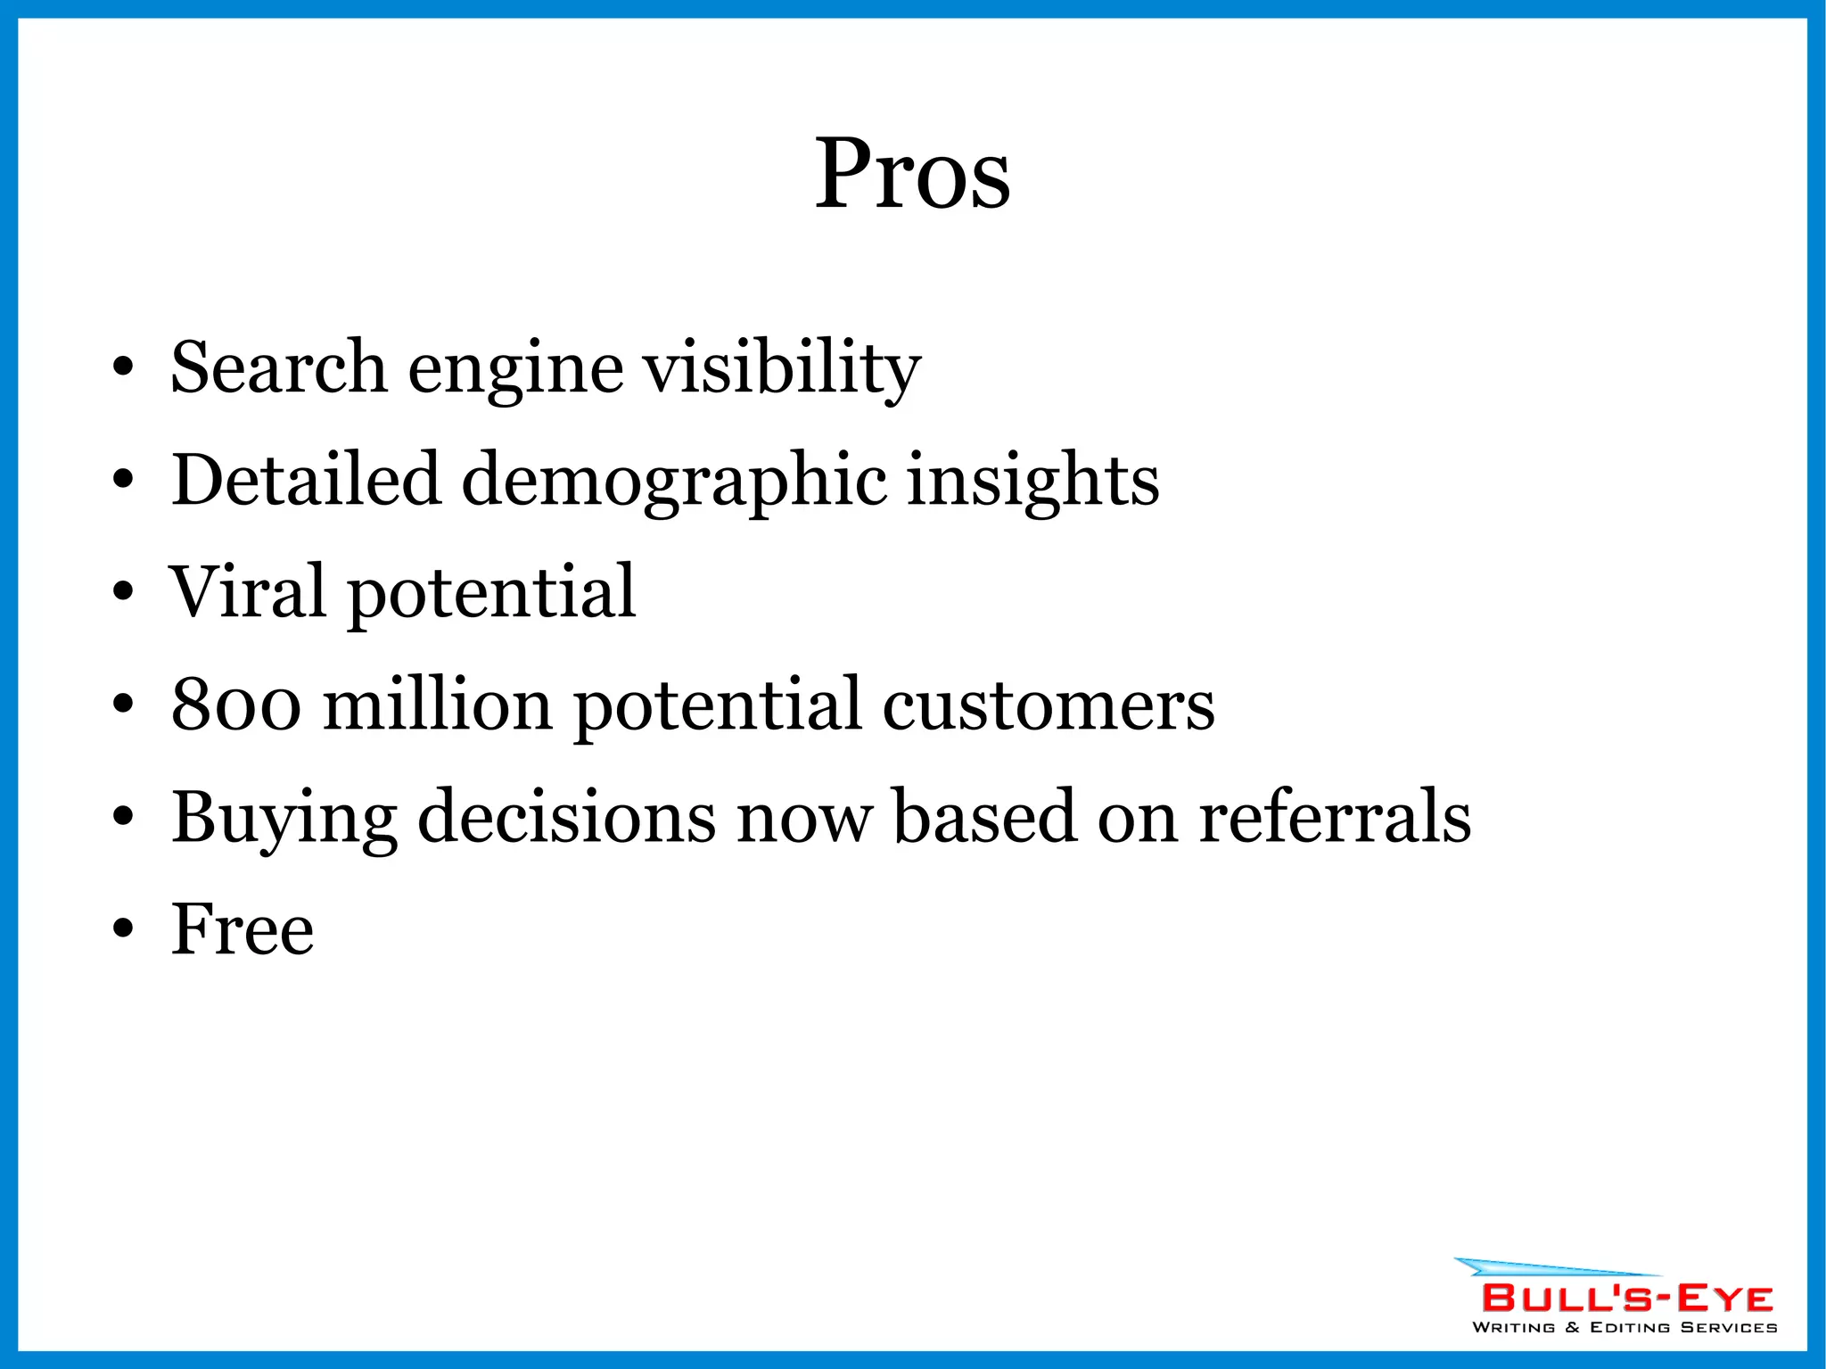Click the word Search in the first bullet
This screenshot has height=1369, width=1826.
tap(278, 367)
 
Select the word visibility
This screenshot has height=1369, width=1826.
tap(782, 368)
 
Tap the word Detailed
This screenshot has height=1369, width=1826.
tap(306, 480)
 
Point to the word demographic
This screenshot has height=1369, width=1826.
tap(674, 482)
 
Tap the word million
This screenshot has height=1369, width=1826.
tap(437, 705)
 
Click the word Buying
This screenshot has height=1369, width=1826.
tap(284, 818)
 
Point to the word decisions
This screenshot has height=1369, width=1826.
tap(566, 817)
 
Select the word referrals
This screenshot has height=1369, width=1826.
tap(1334, 817)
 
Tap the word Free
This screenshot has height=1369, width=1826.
tap(243, 929)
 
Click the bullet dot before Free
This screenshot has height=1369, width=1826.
tap(123, 928)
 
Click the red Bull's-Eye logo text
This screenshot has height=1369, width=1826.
tap(1627, 1298)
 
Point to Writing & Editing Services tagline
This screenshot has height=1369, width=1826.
tap(1624, 1328)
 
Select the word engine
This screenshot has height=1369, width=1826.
tap(515, 368)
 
